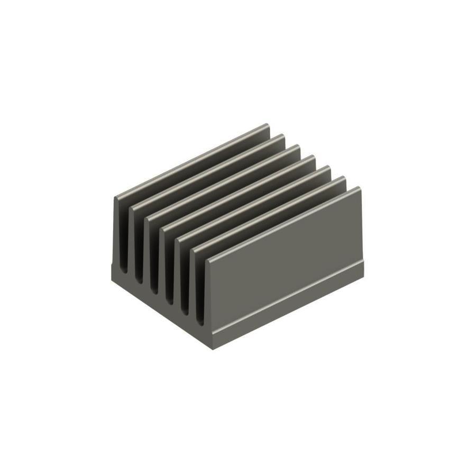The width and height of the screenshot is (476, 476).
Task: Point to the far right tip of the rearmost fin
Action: [x=268, y=125]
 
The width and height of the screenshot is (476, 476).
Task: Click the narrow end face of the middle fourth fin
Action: [x=166, y=264]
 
